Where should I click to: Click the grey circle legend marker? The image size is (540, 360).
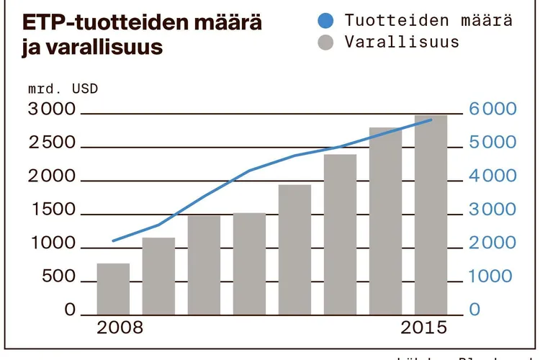(325, 42)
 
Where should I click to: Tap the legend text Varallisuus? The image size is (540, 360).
(402, 42)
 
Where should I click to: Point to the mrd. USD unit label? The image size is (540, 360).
(63, 90)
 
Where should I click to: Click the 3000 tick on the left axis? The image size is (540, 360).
(51, 110)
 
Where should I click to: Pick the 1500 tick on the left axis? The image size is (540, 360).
(51, 210)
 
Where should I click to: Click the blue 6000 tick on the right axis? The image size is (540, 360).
(493, 110)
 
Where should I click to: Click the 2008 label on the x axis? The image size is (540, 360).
(120, 328)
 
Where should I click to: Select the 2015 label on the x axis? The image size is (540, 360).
(423, 328)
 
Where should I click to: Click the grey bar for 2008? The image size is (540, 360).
(113, 289)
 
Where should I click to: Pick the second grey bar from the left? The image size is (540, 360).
(158, 276)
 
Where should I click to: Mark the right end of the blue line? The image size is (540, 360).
(431, 120)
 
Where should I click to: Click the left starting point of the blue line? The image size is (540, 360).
(113, 240)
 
